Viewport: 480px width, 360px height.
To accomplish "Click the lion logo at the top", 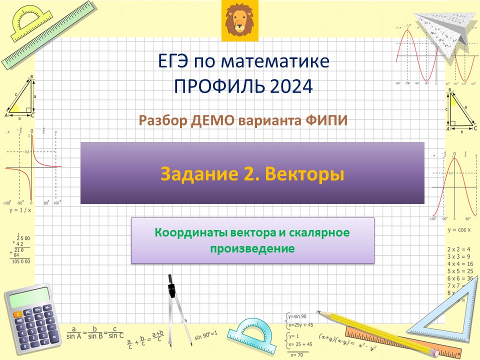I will click(239, 18).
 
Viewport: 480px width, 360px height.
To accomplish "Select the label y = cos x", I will click(459, 229).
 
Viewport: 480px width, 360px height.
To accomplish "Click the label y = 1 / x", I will click(20, 210).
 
